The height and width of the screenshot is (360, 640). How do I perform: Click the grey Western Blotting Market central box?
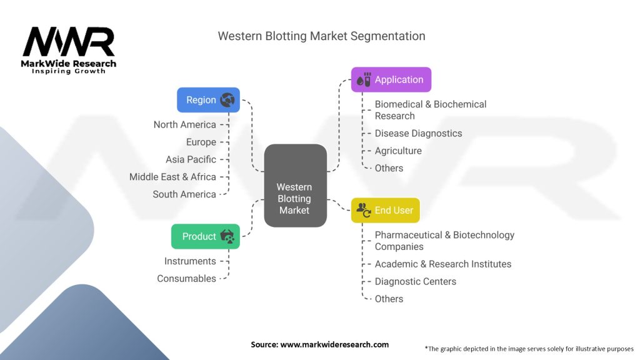click(295, 186)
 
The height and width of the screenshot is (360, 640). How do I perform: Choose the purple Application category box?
click(391, 79)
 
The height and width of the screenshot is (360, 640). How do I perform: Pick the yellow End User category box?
click(386, 210)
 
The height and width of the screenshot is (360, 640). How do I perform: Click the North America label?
click(184, 124)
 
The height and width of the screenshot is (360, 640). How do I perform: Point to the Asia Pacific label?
click(191, 159)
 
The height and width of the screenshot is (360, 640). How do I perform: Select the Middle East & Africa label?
click(172, 177)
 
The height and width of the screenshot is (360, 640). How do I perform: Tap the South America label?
click(184, 194)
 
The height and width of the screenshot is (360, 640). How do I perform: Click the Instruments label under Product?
click(190, 261)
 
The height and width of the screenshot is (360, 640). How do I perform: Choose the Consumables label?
click(186, 279)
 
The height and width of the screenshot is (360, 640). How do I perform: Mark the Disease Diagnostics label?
click(418, 133)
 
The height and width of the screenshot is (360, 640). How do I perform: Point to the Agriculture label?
click(398, 151)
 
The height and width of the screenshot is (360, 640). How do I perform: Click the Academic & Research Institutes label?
click(442, 264)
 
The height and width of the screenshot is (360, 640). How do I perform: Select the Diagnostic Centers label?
click(415, 281)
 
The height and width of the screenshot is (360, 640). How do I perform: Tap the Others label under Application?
click(389, 168)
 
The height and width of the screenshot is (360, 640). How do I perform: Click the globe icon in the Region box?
click(227, 100)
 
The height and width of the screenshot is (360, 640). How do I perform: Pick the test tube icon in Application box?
click(364, 79)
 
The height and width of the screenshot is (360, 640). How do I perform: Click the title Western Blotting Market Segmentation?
click(321, 36)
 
